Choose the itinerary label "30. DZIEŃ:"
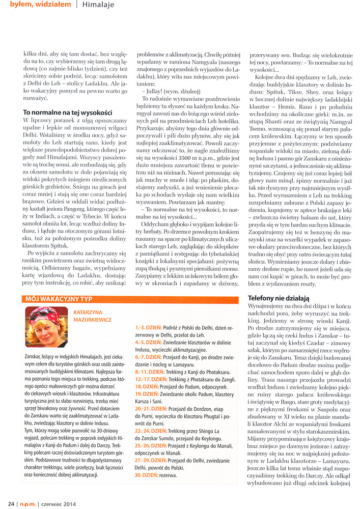point(146,475)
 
